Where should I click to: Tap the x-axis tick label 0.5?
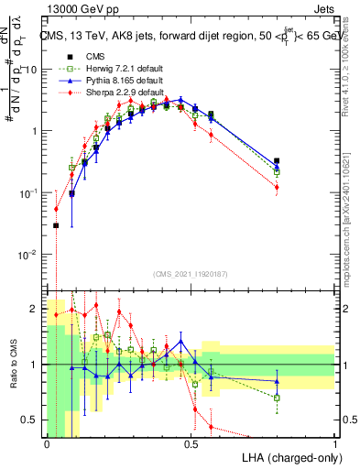coord(191,444)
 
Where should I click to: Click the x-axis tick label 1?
coord(334,444)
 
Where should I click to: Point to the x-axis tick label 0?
coord(47,444)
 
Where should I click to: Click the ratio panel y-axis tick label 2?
coord(33,308)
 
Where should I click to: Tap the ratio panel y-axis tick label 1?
coord(33,365)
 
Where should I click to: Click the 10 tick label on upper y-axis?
coord(30,70)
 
